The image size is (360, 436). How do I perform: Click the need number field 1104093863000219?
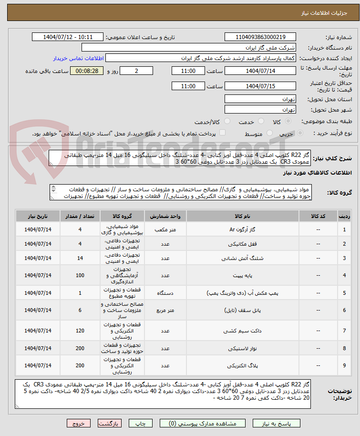coord(260,37)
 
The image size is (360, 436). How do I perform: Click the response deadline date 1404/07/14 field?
coord(260,71)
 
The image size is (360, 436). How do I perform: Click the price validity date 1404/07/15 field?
coord(260,86)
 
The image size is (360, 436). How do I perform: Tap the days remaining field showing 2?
coord(136,71)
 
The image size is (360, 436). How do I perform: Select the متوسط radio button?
coord(270,133)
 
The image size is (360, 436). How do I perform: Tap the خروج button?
coord(79,423)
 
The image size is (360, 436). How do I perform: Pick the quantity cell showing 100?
coord(80,276)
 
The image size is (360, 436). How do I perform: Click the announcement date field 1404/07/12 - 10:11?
coord(68,37)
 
